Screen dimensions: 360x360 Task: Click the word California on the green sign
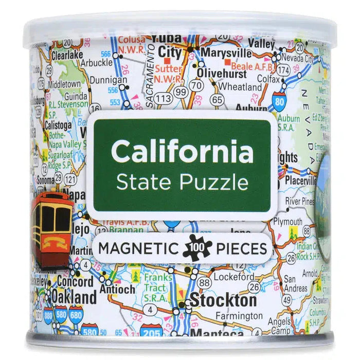pyautogui.click(x=182, y=151)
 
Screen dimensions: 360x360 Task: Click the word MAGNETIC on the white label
pyautogui.click(x=136, y=248)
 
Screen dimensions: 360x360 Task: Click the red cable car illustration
pyautogui.click(x=51, y=225)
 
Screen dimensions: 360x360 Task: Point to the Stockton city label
pyautogui.click(x=223, y=300)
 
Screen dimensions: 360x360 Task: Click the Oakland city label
pyautogui.click(x=74, y=297)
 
